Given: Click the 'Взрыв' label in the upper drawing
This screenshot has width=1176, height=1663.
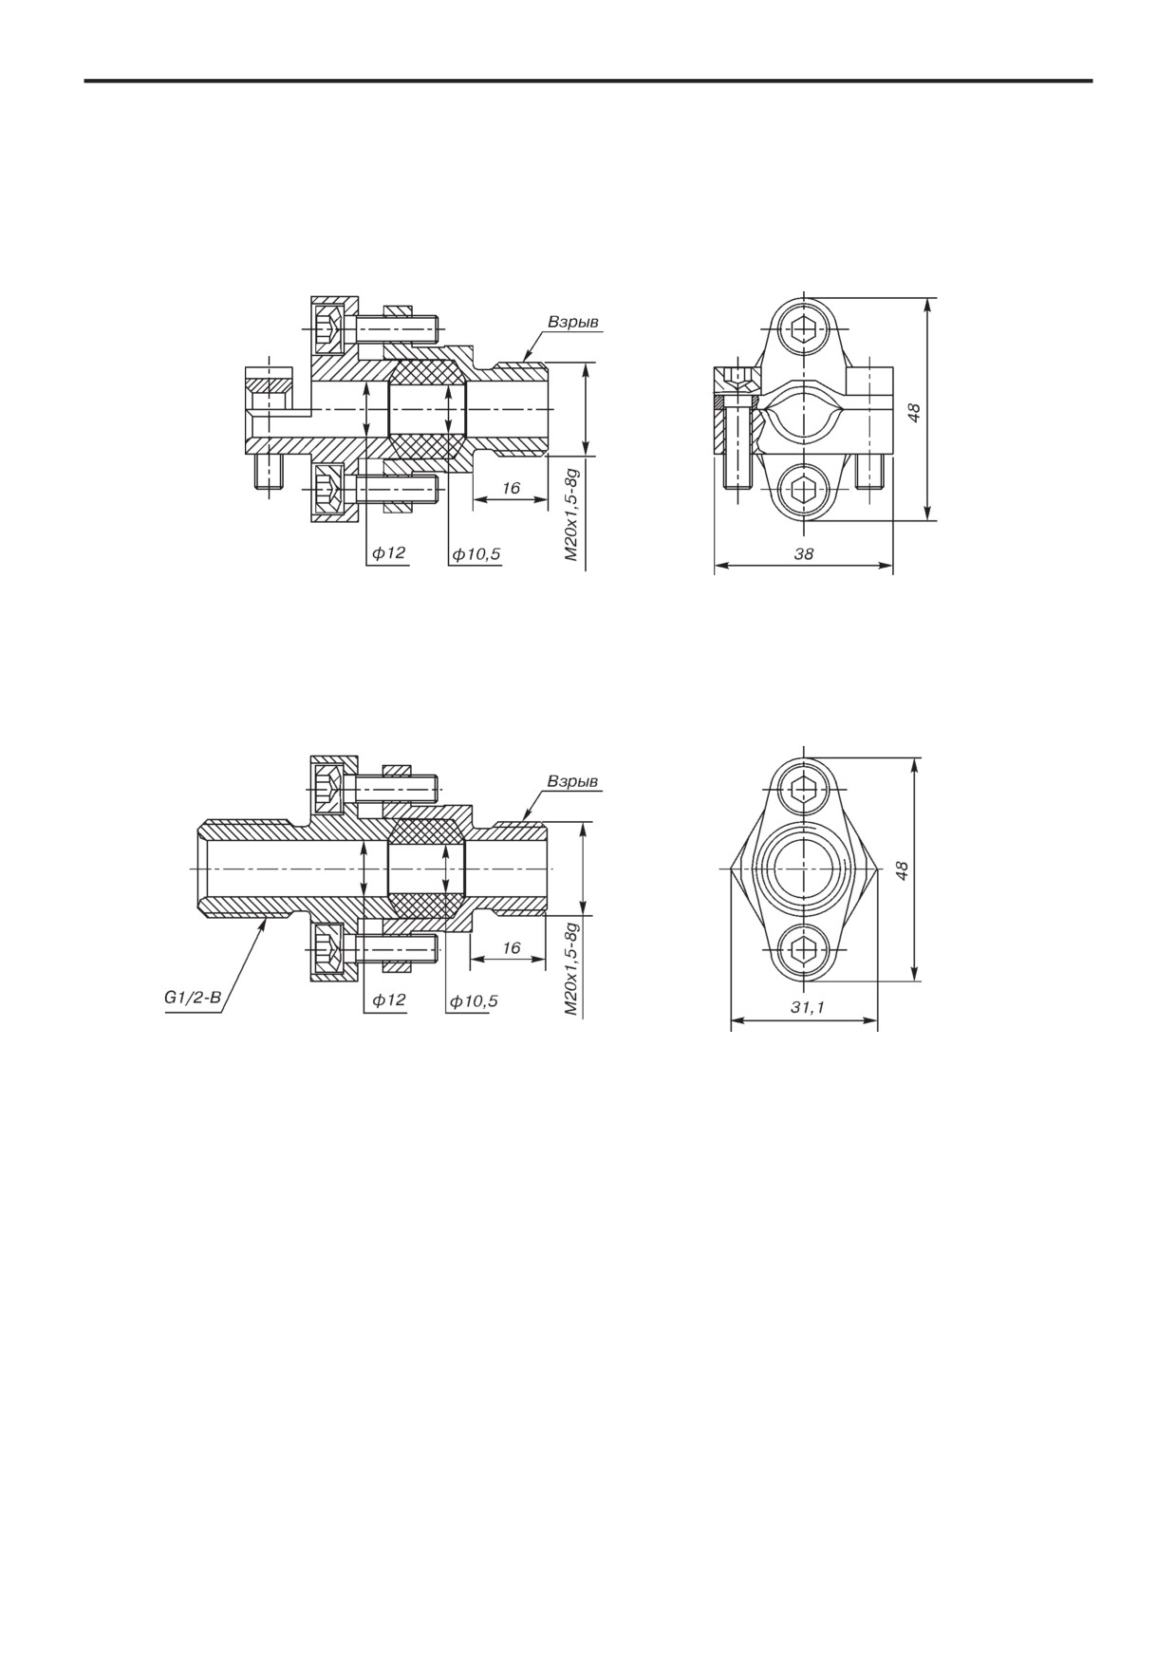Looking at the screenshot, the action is [x=573, y=323].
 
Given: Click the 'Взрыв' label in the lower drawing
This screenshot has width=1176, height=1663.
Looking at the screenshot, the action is [x=572, y=782].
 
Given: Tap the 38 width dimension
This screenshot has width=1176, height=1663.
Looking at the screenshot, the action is [x=804, y=552].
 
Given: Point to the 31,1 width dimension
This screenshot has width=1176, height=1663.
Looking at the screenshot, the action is [x=806, y=1008].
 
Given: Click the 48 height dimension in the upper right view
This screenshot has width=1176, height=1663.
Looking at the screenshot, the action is [x=913, y=411].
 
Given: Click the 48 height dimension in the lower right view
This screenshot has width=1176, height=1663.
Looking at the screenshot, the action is [x=902, y=869].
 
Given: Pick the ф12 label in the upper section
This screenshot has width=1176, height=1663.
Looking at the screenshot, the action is [x=389, y=552].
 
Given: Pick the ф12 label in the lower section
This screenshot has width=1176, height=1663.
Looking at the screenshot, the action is [x=388, y=1000].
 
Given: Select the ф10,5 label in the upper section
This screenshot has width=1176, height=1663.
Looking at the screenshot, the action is [x=476, y=553].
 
